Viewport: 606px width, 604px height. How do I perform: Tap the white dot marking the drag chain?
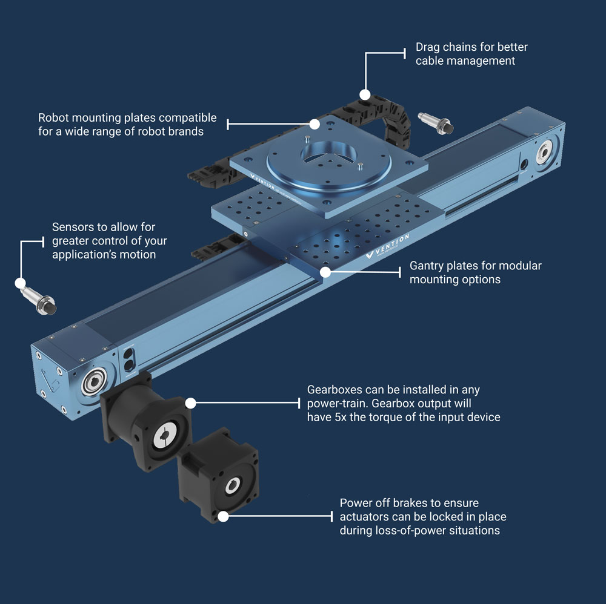click(365, 94)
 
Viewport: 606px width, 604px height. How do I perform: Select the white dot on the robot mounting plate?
click(315, 124)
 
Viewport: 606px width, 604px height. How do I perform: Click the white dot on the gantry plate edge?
click(325, 272)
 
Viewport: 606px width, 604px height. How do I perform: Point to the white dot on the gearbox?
click(190, 403)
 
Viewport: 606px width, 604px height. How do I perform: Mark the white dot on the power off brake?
click(223, 516)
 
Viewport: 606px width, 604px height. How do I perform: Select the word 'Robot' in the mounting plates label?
click(54, 117)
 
